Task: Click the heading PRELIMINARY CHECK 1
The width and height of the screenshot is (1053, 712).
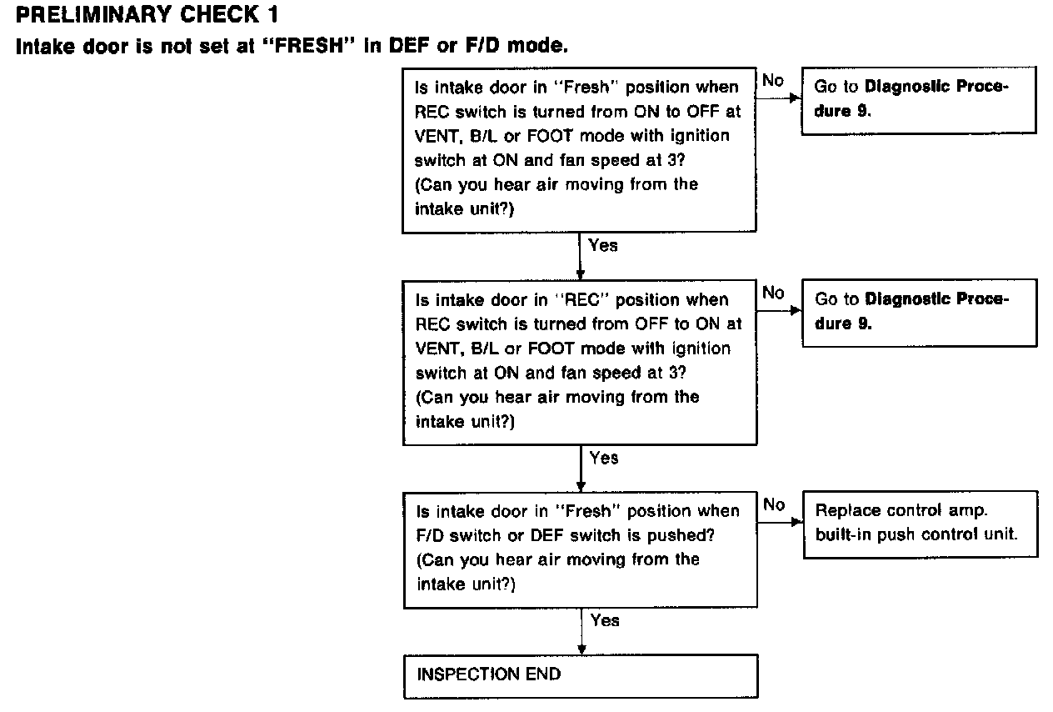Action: coord(147,14)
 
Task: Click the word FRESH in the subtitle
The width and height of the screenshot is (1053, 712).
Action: coord(309,46)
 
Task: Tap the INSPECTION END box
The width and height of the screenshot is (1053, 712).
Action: coord(581,676)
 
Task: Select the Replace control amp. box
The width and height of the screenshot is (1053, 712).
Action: coord(921,524)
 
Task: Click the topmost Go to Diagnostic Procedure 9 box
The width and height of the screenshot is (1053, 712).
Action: coord(919,100)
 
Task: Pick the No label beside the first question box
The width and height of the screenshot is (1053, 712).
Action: coord(773,81)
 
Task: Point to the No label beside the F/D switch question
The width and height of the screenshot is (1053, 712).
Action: coord(774,504)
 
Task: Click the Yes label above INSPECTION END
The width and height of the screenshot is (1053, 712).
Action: coord(605,620)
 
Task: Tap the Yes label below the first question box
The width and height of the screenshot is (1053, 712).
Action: coord(603,245)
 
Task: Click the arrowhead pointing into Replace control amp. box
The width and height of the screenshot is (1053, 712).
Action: coord(797,522)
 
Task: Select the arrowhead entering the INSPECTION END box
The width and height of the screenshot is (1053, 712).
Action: coord(581,649)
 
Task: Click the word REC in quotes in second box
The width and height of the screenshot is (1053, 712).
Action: coord(582,300)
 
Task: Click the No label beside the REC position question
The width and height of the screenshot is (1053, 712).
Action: coord(773,293)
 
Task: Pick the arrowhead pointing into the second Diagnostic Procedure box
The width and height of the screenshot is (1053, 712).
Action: coord(796,310)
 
